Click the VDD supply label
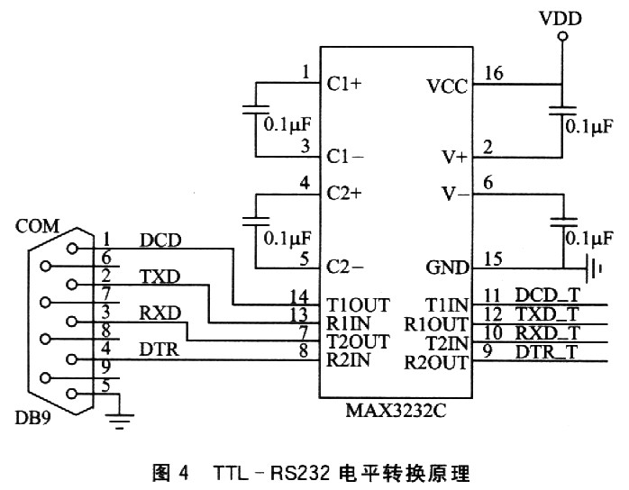(x=560, y=18)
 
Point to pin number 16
(x=493, y=73)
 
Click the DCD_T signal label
(x=547, y=295)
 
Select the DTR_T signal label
(x=547, y=351)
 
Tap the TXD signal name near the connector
(x=160, y=277)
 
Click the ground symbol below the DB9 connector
(x=118, y=417)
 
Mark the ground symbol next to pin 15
(x=593, y=268)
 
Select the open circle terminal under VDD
(x=561, y=37)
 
